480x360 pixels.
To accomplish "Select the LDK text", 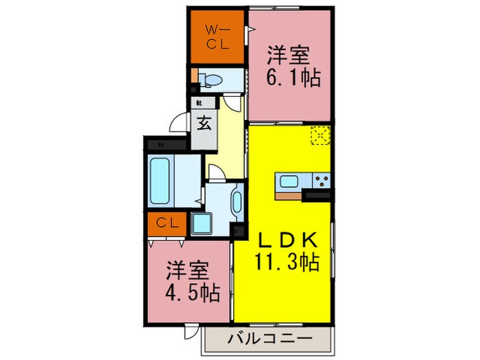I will point(288,240).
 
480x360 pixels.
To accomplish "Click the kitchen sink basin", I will point(288,182).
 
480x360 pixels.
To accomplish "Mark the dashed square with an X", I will point(320,136).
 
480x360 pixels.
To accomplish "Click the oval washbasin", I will point(237,202).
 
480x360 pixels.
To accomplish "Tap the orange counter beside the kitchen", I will point(289,195).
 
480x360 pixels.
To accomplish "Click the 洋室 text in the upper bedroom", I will point(285,53).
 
